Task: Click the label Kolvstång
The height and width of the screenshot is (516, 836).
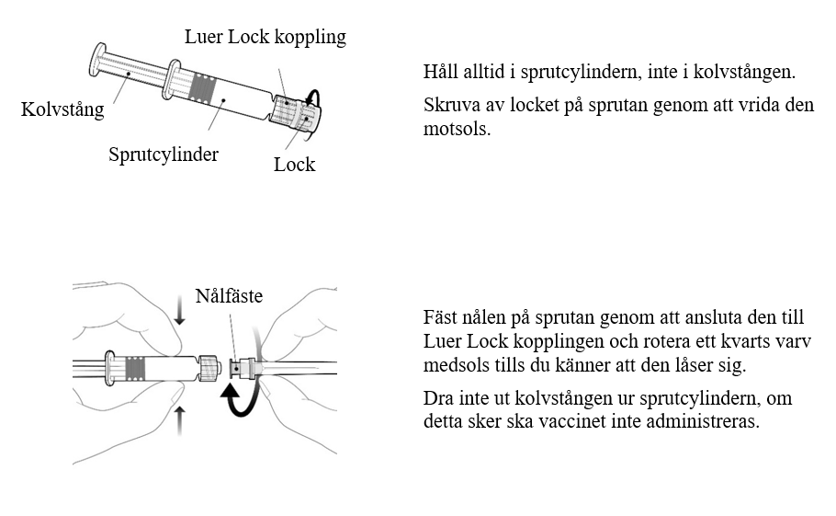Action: (62, 110)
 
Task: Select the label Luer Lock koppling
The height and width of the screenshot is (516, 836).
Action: (265, 37)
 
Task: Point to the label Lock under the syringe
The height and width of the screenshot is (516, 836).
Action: (294, 165)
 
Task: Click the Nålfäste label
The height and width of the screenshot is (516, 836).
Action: (229, 296)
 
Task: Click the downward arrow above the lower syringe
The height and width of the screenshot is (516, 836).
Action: (180, 315)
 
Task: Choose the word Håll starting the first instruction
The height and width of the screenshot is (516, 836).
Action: (440, 72)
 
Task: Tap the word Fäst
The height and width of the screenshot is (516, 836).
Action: (440, 317)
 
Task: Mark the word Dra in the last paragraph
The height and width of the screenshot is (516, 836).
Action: (437, 399)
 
